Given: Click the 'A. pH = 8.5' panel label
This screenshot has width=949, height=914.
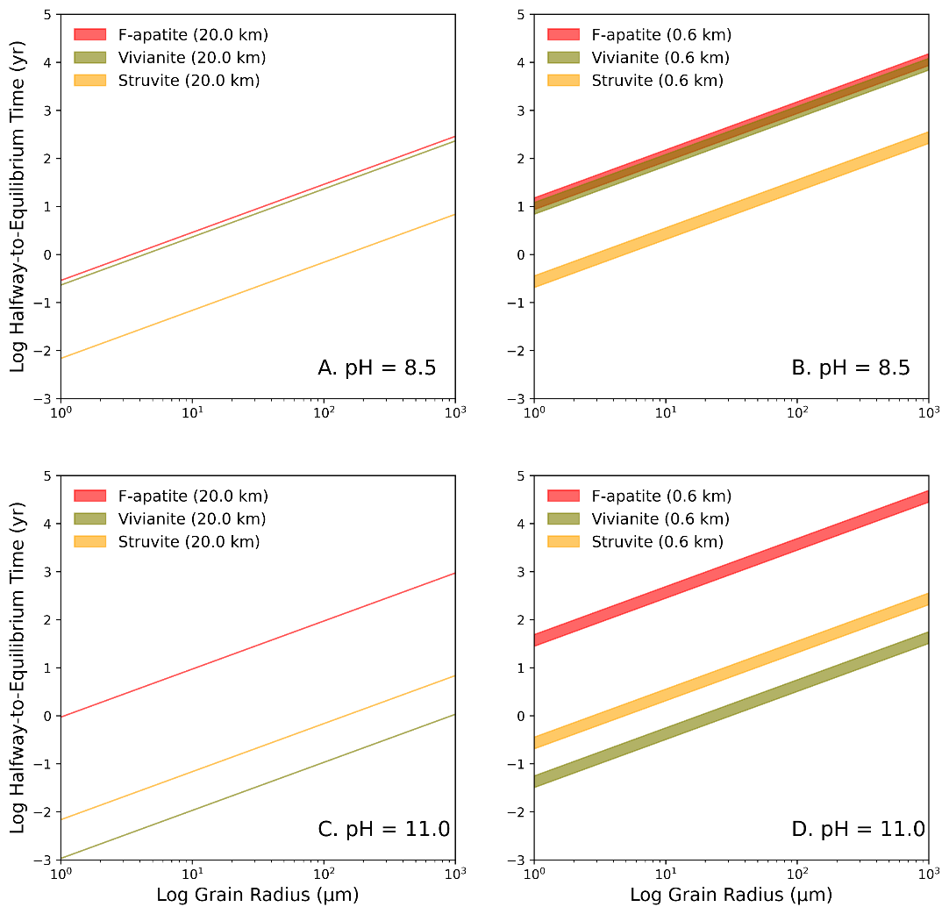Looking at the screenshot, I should pyautogui.click(x=376, y=368).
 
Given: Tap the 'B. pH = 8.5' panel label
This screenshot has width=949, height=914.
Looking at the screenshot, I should pyautogui.click(x=851, y=368).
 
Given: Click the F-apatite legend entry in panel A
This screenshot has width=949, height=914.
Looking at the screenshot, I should pyautogui.click(x=171, y=35).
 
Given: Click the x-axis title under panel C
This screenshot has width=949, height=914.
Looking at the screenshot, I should pyautogui.click(x=257, y=896).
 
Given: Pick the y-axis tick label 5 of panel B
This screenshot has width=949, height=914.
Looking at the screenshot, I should pyautogui.click(x=518, y=15).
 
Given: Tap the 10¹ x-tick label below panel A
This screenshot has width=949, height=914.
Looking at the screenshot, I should pyautogui.click(x=193, y=413).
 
